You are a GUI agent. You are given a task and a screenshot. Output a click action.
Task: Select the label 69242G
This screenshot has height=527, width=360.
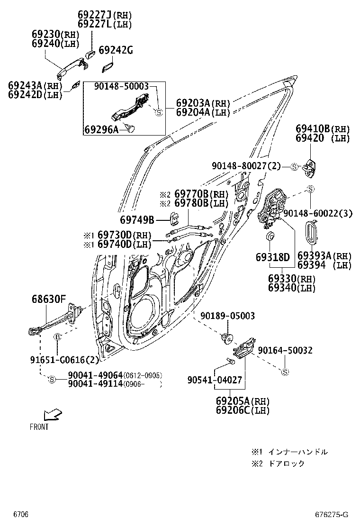tap(116, 51)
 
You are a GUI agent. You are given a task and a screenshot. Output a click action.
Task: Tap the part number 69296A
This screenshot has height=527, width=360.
tap(101, 129)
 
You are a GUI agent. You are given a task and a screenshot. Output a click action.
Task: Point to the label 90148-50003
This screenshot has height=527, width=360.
tap(121, 86)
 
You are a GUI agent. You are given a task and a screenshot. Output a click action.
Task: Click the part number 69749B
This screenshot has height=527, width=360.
tap(137, 219)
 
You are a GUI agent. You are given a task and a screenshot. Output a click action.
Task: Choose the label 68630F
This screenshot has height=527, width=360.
tap(49, 299)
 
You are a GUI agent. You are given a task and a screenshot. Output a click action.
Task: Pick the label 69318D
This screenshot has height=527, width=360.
tap(272, 257)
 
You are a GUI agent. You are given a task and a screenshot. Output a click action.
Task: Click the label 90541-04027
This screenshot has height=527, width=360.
tap(215, 380)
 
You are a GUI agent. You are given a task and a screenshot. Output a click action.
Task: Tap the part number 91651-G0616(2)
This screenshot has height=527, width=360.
tap(64, 360)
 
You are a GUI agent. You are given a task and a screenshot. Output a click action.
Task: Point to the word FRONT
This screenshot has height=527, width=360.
tap(39, 427)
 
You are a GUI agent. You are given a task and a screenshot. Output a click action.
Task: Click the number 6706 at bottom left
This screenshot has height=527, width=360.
tap(21, 515)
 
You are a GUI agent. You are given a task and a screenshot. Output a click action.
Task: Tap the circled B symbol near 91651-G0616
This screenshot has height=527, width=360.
tap(57, 336)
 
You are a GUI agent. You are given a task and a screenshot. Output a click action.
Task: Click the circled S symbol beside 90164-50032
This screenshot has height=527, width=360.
tap(285, 372)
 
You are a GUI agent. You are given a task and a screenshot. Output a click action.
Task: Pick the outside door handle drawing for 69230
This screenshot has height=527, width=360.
tap(69, 68)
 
